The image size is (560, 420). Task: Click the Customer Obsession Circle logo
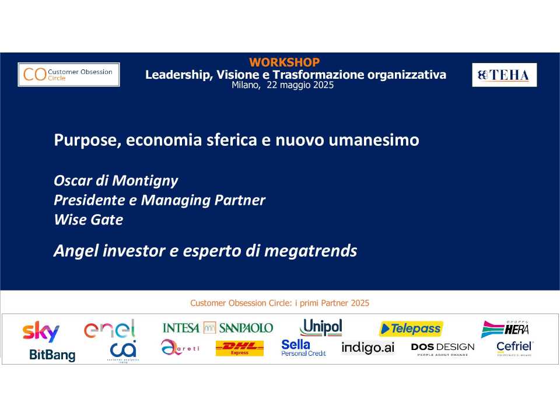(69, 74)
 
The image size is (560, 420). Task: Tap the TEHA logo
(504, 75)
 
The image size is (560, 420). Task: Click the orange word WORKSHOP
(284, 62)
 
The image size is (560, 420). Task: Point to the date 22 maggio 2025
(300, 85)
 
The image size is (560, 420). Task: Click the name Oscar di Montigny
(116, 181)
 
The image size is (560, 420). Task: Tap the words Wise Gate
(88, 220)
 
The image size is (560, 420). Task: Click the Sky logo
(41, 331)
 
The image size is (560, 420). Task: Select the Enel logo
(110, 330)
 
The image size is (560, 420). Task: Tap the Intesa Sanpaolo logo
(218, 328)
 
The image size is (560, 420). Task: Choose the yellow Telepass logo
(411, 329)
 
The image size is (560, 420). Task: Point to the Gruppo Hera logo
(505, 329)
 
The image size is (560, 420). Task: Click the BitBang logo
(52, 354)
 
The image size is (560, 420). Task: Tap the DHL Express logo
(239, 348)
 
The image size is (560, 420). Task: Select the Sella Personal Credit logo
(303, 348)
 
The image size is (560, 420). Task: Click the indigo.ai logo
(367, 348)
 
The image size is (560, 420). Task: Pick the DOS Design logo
(442, 349)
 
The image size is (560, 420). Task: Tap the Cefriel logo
(514, 348)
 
